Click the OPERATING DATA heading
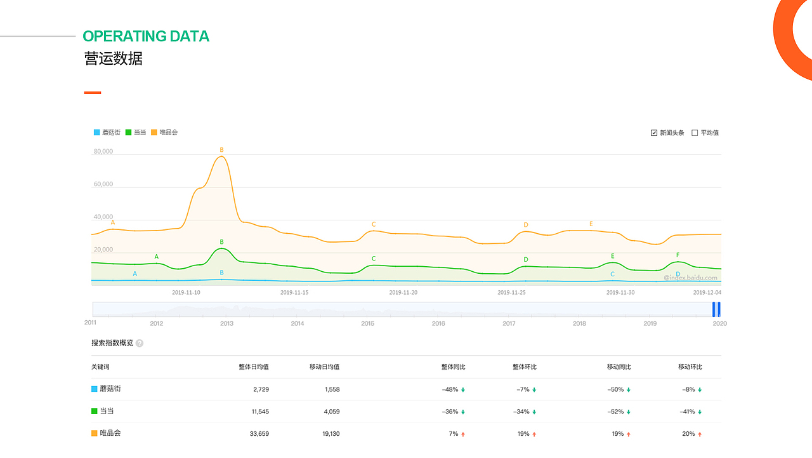[x=146, y=36]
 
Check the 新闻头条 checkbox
[x=654, y=133]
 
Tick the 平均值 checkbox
[x=695, y=133]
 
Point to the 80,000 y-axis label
[x=103, y=151]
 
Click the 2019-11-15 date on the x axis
[x=294, y=292]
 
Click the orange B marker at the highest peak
[x=221, y=150]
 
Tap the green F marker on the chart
[x=678, y=255]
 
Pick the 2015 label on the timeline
[x=368, y=323]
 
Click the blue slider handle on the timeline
[x=716, y=309]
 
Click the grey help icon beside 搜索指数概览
[x=140, y=343]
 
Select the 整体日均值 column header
[x=253, y=367]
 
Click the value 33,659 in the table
[x=260, y=434]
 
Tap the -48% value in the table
[x=450, y=389]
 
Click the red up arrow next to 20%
[x=700, y=434]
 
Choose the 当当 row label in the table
[x=106, y=411]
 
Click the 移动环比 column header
[x=690, y=367]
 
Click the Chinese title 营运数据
[x=114, y=58]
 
